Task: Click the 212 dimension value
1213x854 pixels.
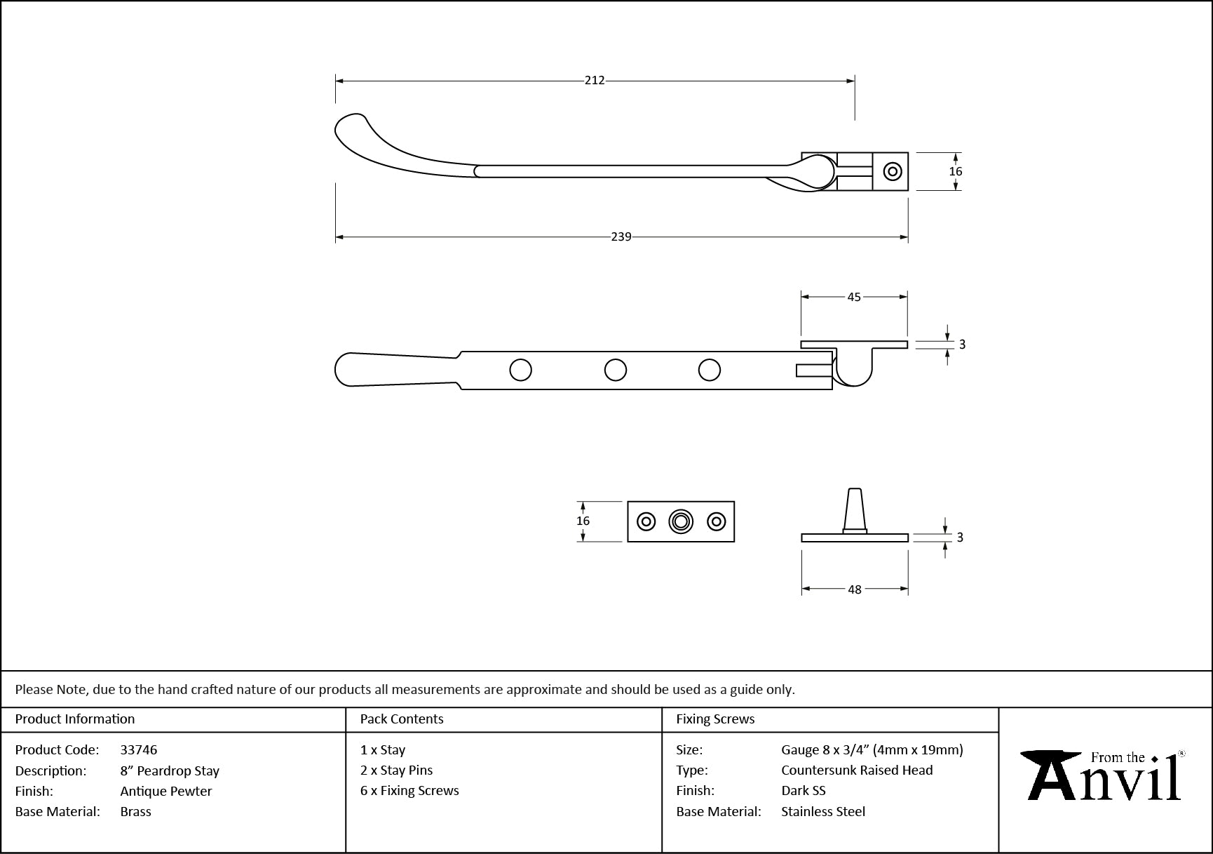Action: point(595,81)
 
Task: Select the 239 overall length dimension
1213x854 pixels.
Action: point(621,237)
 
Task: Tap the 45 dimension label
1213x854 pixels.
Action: point(854,297)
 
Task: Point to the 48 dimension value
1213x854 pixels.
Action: point(854,589)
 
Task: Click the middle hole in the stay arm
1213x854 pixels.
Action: point(616,370)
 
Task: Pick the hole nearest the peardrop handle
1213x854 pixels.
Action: point(520,370)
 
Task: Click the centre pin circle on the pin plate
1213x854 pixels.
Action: point(681,521)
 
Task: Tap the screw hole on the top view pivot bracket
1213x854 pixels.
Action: point(892,171)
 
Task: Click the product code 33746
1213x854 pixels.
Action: point(139,749)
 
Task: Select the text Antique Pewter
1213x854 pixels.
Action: point(166,791)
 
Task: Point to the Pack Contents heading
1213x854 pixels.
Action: point(402,719)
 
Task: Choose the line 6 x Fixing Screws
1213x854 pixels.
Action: point(409,790)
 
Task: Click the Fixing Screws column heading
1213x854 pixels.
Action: point(715,719)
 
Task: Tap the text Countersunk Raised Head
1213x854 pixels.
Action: point(857,770)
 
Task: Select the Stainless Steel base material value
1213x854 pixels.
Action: point(823,811)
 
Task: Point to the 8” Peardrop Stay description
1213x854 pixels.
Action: point(170,770)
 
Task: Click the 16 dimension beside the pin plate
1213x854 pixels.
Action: point(583,521)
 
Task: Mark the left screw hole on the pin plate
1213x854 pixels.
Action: point(646,521)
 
